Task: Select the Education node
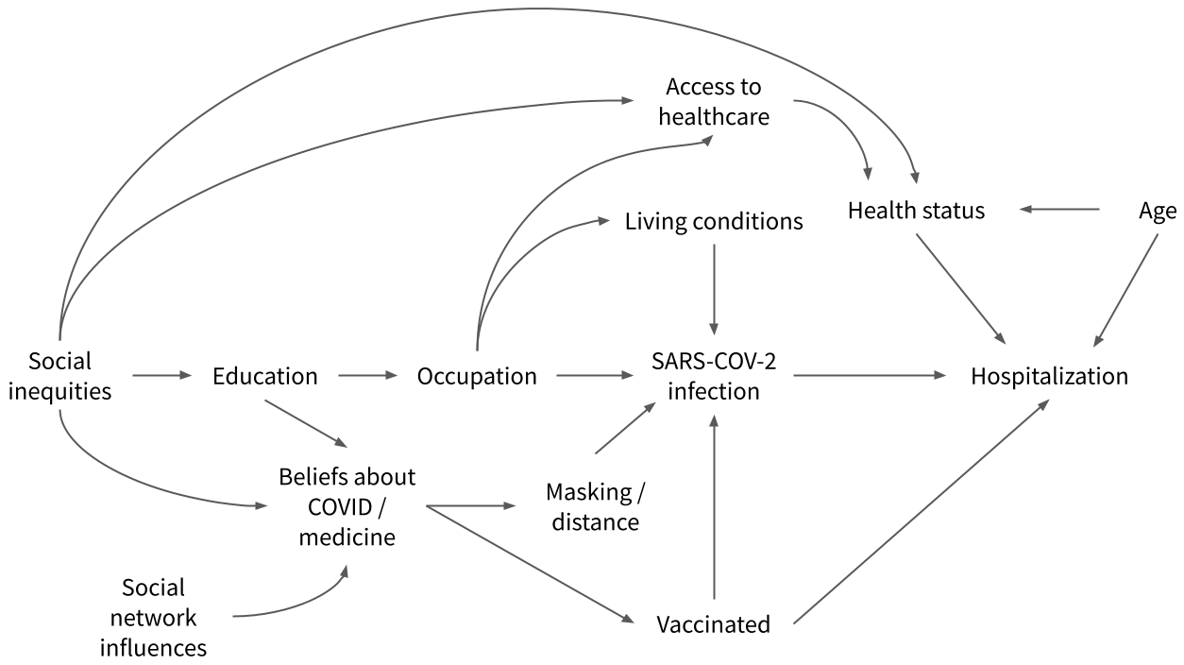pyautogui.click(x=265, y=376)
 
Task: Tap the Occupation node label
pyautogui.click(x=477, y=376)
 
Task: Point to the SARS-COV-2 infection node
pyautogui.click(x=714, y=376)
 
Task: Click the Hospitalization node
pyautogui.click(x=1049, y=376)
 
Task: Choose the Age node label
pyautogui.click(x=1158, y=211)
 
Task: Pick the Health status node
pyautogui.click(x=916, y=211)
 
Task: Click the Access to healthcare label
pyautogui.click(x=714, y=101)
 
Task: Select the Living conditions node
pyautogui.click(x=714, y=222)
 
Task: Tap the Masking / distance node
pyautogui.click(x=594, y=506)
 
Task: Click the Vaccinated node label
pyautogui.click(x=714, y=624)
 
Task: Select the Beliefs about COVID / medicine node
pyautogui.click(x=348, y=506)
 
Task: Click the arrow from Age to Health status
pyautogui.click(x=1058, y=209)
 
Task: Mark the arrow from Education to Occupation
pyautogui.click(x=367, y=376)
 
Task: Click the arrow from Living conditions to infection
pyautogui.click(x=714, y=284)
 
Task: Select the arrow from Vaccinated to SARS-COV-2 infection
pyautogui.click(x=714, y=510)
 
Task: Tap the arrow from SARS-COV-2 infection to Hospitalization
pyautogui.click(x=869, y=376)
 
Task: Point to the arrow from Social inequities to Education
pyautogui.click(x=161, y=376)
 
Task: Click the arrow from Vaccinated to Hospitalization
pyautogui.click(x=921, y=511)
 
